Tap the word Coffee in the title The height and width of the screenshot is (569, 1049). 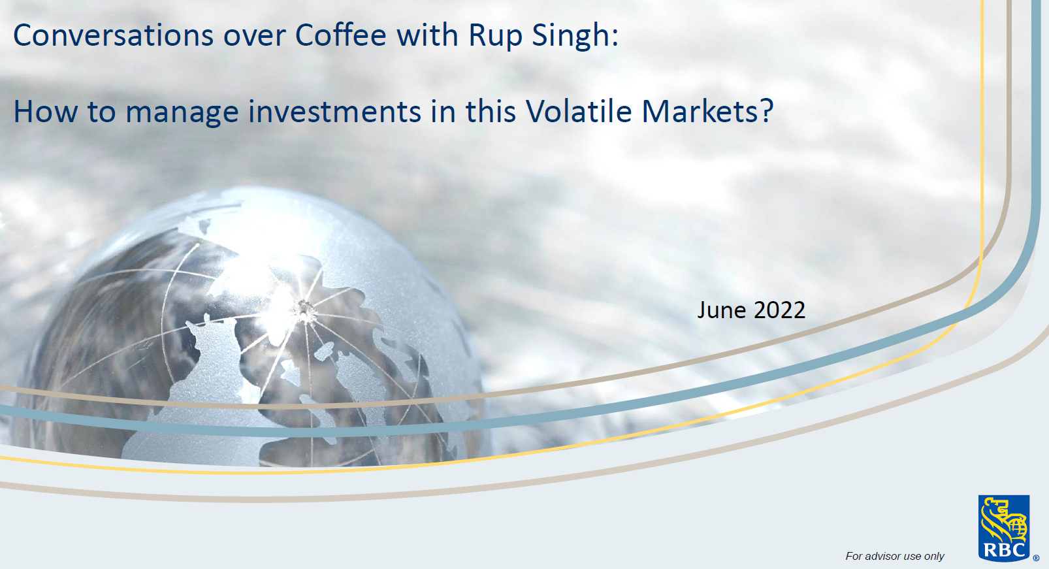341,35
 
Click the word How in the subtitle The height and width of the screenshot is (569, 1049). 46,112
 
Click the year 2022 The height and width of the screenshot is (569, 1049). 779,310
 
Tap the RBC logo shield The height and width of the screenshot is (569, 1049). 1003,528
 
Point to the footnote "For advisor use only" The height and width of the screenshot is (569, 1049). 894,556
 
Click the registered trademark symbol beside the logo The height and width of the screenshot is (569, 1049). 1036,559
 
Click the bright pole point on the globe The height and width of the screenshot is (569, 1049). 304,309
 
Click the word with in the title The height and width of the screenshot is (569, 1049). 428,35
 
